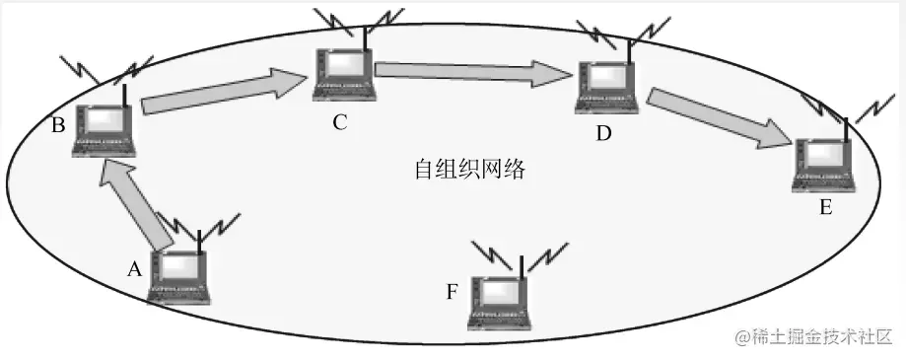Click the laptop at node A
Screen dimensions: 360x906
coord(178,277)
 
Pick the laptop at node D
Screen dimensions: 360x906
coord(608,88)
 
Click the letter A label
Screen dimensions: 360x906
coord(135,267)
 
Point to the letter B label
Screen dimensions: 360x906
coord(58,126)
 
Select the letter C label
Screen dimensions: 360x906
coord(340,123)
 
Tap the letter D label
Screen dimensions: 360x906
coord(603,133)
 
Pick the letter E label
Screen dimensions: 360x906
coord(825,207)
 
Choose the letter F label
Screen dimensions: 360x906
coord(453,292)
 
